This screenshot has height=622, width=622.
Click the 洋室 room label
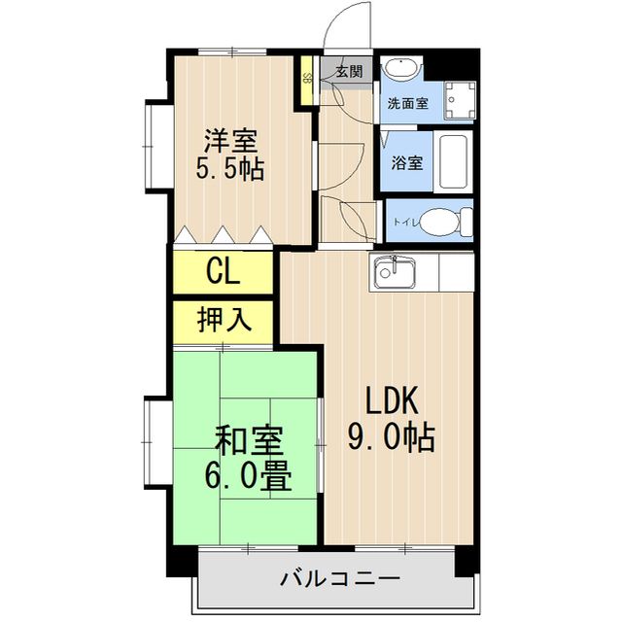(231, 138)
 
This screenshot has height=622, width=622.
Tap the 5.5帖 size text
(230, 168)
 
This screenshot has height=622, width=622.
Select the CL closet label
(223, 271)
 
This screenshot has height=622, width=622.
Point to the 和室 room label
(248, 443)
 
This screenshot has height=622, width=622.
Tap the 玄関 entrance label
(349, 71)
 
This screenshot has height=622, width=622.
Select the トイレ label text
(404, 223)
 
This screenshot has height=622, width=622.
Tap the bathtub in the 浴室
(454, 161)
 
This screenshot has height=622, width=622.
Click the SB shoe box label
(307, 78)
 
